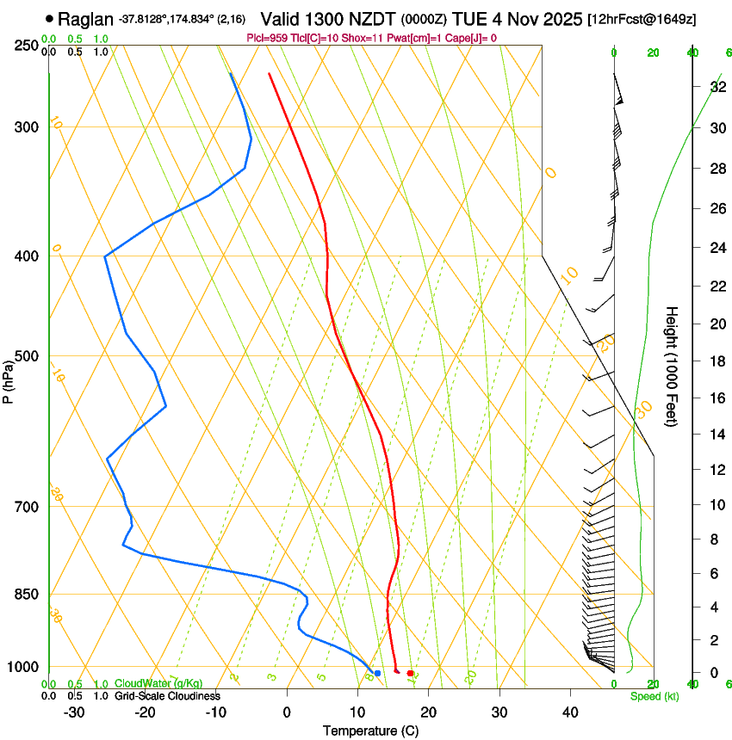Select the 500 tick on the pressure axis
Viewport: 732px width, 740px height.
pos(27,356)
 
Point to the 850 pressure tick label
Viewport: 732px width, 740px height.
pos(27,595)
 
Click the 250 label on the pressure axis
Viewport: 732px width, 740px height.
pos(27,45)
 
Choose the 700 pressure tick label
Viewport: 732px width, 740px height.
pos(27,507)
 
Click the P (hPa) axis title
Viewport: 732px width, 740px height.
pos(8,379)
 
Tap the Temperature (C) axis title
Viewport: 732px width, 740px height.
pos(370,731)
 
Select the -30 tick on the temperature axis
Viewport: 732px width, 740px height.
pos(74,712)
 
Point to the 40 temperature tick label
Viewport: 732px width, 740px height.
pos(570,712)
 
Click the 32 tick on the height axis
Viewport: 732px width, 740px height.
pos(716,87)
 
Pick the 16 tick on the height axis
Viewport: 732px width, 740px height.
pos(716,398)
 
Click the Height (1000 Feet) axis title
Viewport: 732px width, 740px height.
pos(672,367)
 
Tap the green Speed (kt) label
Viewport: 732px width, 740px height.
pos(654,696)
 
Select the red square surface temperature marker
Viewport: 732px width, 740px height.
pos(410,673)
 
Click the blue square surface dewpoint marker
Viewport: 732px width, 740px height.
pos(377,673)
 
